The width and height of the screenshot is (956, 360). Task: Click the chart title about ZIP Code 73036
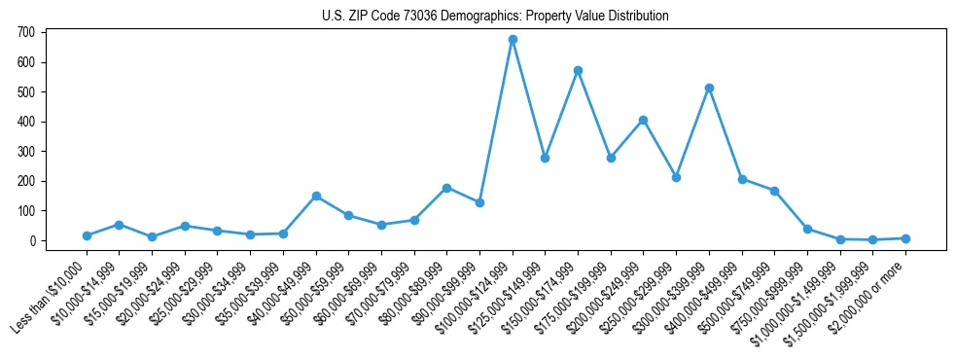[495, 17]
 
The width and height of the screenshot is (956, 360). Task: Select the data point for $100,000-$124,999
[513, 40]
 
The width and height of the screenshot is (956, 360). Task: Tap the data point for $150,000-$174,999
[578, 70]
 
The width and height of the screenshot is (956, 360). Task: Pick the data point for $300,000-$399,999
[709, 88]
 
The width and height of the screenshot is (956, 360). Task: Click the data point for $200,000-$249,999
[643, 121]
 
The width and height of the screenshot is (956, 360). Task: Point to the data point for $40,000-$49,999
[316, 196]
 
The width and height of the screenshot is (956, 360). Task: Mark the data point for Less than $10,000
[87, 235]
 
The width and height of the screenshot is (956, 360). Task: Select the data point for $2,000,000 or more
[905, 238]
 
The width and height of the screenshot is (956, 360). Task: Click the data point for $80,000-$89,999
[446, 188]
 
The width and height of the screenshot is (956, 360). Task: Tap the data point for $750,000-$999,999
[807, 229]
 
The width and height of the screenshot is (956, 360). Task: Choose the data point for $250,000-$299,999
[676, 177]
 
